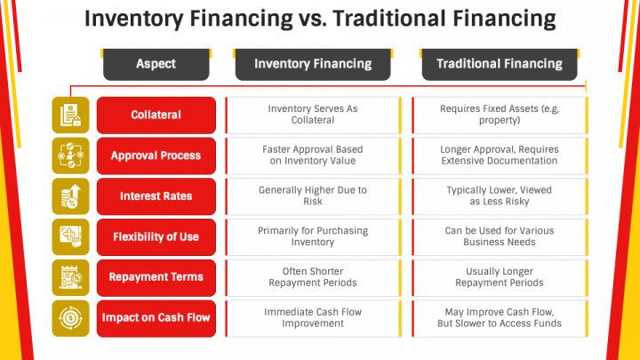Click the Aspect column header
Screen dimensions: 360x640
click(156, 63)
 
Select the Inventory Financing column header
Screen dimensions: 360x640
click(312, 63)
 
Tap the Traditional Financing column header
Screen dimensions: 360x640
click(498, 63)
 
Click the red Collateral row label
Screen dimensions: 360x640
click(156, 115)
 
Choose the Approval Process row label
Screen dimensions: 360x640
click(156, 156)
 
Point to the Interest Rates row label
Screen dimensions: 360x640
click(156, 196)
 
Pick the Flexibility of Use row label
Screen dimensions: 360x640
click(156, 237)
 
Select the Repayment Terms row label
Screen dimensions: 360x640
click(156, 277)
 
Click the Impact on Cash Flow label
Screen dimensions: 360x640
click(156, 318)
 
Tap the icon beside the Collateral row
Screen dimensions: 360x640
click(70, 115)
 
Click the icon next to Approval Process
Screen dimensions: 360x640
click(70, 156)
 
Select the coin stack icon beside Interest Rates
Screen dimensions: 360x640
click(70, 196)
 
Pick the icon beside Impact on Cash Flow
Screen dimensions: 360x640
click(70, 318)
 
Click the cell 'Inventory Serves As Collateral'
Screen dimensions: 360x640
click(313, 115)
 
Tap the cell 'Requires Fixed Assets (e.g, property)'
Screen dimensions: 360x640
click(499, 115)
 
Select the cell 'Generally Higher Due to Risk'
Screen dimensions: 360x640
click(313, 196)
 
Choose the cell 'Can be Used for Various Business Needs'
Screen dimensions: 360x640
click(499, 237)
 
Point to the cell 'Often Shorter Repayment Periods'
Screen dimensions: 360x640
click(313, 277)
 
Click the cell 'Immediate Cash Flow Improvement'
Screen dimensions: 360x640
click(313, 318)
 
